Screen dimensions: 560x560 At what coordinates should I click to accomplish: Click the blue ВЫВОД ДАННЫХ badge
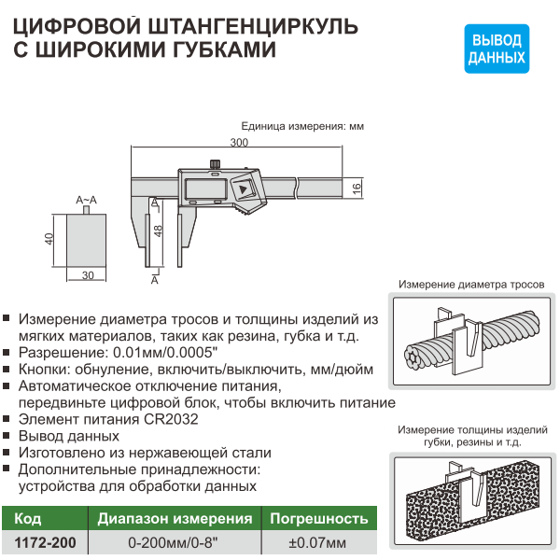(x=497, y=49)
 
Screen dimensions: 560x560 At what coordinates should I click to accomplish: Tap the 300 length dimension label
(x=239, y=143)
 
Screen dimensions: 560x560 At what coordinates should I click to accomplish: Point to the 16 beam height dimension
(x=357, y=188)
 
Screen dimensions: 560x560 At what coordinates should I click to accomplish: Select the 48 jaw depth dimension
(x=159, y=231)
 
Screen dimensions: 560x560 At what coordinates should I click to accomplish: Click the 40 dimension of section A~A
(x=49, y=239)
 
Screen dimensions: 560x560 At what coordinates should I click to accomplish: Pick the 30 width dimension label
(x=88, y=275)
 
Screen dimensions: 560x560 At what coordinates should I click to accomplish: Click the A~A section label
(x=86, y=200)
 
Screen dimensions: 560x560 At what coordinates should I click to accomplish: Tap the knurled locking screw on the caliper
(x=215, y=164)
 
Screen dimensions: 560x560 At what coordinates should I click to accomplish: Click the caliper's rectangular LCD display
(x=205, y=189)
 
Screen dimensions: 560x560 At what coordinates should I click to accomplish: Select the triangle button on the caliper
(x=244, y=189)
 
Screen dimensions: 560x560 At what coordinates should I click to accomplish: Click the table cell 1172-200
(x=45, y=542)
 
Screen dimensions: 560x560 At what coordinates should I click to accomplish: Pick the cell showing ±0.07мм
(x=317, y=542)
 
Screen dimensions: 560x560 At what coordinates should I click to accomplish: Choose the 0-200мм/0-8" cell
(x=173, y=542)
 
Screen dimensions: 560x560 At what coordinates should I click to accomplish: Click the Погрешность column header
(x=319, y=519)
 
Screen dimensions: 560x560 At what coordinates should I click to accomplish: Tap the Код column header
(x=27, y=519)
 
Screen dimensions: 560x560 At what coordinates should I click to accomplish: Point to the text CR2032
(x=171, y=419)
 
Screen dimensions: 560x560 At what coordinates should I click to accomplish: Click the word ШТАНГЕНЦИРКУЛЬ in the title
(x=252, y=27)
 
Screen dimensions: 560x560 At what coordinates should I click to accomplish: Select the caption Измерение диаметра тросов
(x=471, y=285)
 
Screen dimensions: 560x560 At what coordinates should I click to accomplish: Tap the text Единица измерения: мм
(x=302, y=126)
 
